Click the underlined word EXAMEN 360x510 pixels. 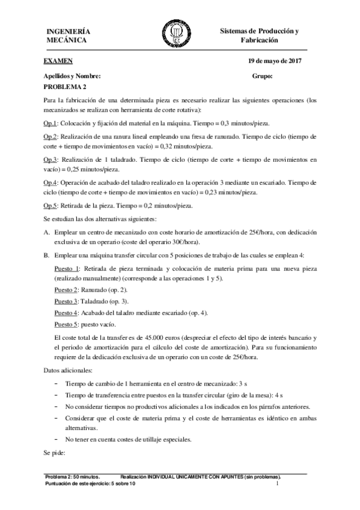[x=58, y=61]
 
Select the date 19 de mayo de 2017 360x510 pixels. [x=275, y=61]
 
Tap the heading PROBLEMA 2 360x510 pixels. [x=66, y=87]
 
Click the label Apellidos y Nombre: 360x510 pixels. [x=69, y=76]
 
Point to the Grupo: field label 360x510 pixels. [x=263, y=76]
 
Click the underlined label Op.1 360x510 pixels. [x=50, y=122]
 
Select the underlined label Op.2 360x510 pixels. [x=50, y=137]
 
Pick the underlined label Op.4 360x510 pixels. [x=50, y=182]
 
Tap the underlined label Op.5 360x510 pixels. [x=50, y=205]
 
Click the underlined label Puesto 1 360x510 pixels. [x=67, y=268]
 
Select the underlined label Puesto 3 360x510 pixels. [x=67, y=301]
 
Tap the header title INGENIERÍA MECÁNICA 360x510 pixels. [x=69, y=35]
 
